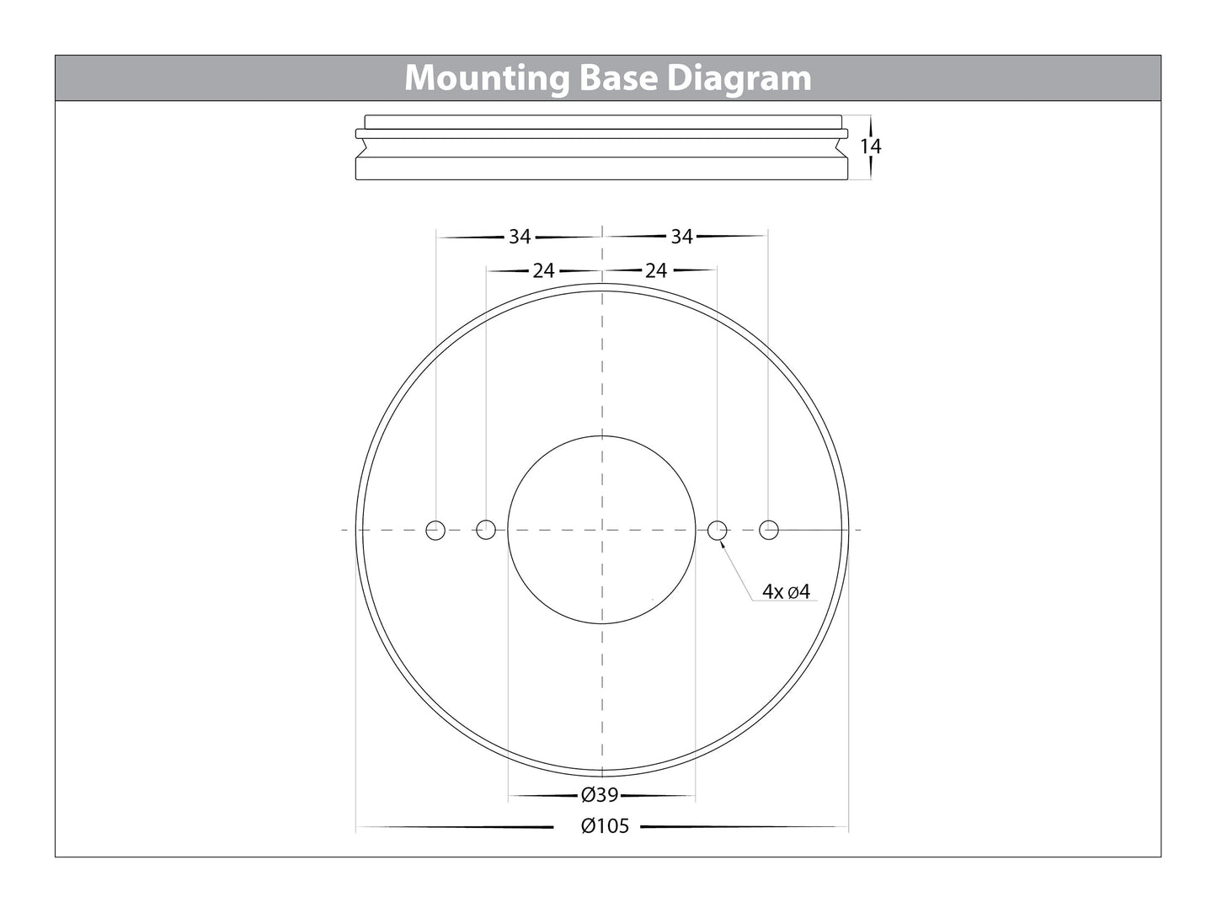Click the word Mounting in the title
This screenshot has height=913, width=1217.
(488, 78)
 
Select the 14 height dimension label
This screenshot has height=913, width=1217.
(870, 147)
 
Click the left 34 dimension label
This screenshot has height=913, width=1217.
(520, 238)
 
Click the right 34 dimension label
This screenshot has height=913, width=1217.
(681, 238)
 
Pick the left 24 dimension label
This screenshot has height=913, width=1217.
(544, 271)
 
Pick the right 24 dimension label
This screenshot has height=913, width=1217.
(655, 271)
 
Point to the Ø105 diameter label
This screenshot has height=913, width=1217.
(605, 826)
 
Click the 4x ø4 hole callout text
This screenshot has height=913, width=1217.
(785, 592)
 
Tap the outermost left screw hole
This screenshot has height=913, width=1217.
(435, 530)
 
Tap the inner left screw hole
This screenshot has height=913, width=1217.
(486, 530)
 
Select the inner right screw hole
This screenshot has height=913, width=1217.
(717, 530)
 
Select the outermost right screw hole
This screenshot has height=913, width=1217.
(768, 530)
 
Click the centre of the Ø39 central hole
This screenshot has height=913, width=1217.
(601, 530)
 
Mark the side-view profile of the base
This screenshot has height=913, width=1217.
(601, 147)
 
